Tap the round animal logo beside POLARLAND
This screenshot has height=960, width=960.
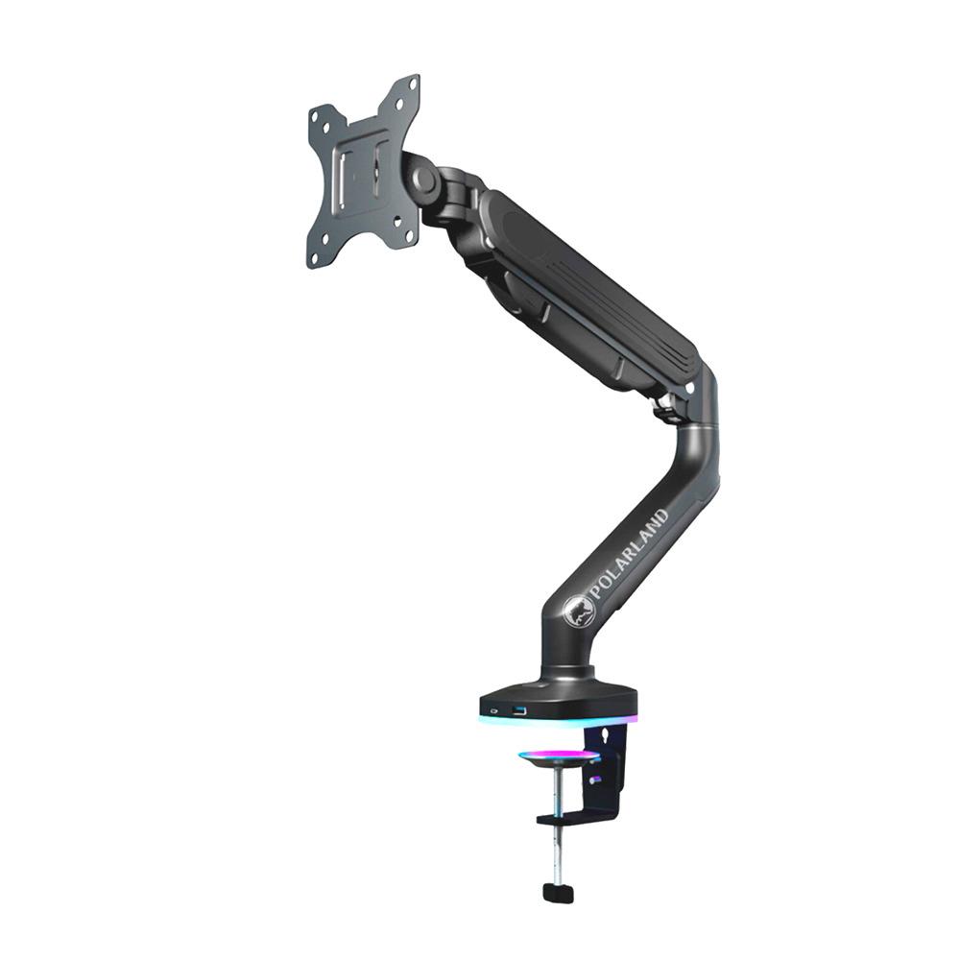pyautogui.click(x=578, y=611)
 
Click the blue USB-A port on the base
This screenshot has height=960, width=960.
pyautogui.click(x=520, y=711)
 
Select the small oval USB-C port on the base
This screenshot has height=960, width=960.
pyautogui.click(x=493, y=711)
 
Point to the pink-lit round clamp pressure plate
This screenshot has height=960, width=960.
pyautogui.click(x=559, y=758)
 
